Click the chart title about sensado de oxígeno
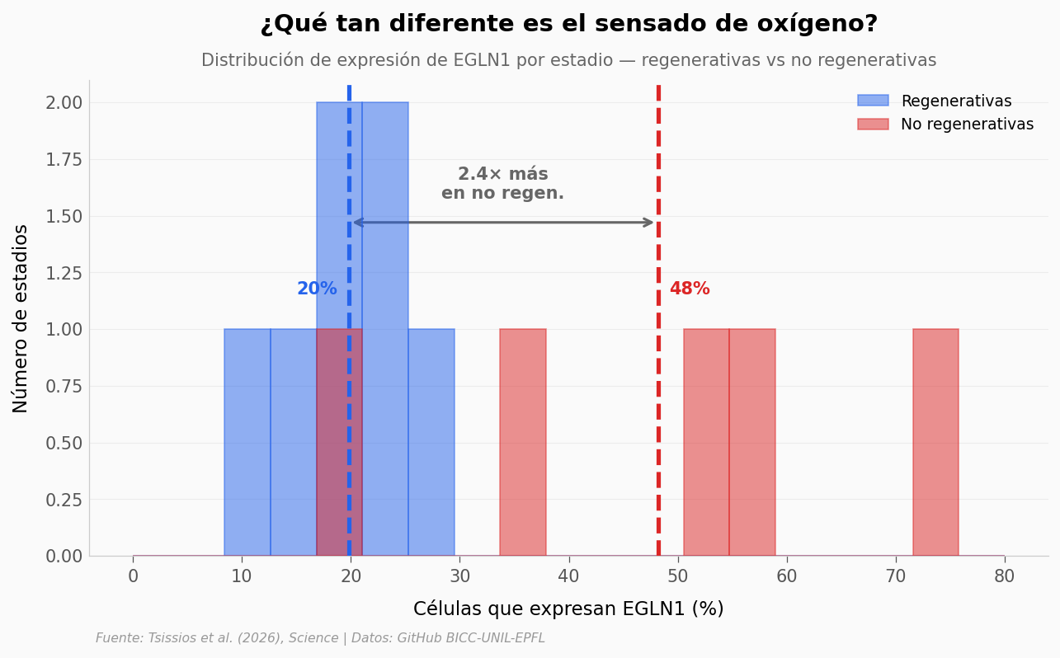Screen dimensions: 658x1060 568,24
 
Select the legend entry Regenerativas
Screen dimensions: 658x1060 955,101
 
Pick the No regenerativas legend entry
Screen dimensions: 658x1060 966,125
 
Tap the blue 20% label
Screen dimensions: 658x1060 317,289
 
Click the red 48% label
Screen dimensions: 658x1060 690,289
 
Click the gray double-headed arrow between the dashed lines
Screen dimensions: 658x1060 503,223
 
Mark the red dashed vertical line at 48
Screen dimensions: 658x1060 658,412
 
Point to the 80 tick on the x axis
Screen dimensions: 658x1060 1004,576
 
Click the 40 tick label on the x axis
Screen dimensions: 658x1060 568,576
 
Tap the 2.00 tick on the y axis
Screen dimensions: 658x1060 64,102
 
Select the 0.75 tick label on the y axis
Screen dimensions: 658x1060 64,386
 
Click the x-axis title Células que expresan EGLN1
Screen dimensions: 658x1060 568,609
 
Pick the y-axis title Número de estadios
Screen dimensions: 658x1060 21,317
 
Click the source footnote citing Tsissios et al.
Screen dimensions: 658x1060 320,638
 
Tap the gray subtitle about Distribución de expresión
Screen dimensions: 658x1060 568,60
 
